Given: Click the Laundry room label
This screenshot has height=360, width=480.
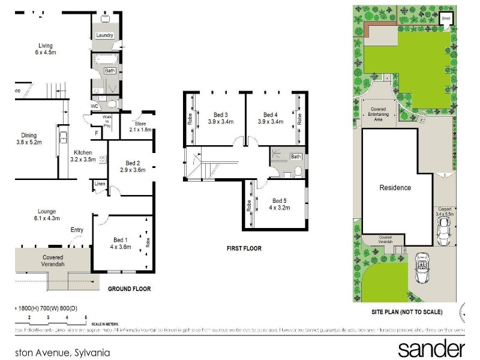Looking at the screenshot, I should (105, 35).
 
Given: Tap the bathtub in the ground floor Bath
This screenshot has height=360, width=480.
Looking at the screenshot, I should (104, 60).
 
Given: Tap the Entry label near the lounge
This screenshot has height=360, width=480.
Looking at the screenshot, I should (77, 230).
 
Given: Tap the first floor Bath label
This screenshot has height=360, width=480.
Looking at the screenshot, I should (295, 157).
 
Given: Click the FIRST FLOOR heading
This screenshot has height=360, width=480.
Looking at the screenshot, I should (244, 248).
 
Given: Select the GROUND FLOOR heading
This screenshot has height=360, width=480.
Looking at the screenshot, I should (129, 289).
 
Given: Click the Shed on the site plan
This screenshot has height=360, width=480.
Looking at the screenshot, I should (446, 19).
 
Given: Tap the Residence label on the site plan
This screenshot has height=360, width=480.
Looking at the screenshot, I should (395, 188).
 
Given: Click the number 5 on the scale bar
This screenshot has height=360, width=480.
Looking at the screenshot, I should (86, 316).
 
